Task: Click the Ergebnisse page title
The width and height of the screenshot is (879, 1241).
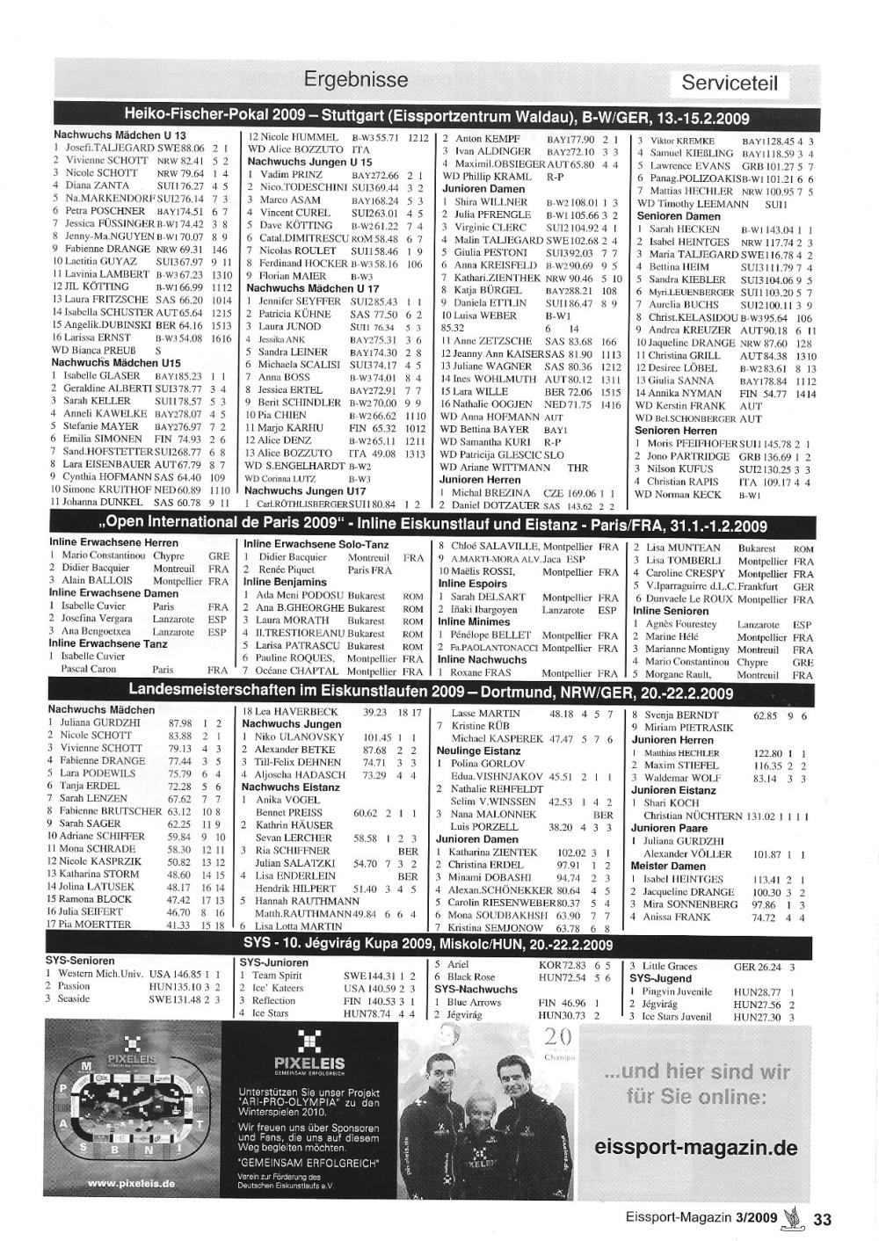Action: pos(356,80)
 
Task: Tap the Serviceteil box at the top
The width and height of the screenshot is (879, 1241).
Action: pos(730,84)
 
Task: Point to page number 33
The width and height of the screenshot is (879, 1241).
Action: pos(822,1218)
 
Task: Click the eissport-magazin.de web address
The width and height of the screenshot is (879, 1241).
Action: pos(695,1148)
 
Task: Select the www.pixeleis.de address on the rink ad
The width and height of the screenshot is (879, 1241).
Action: pos(131,1183)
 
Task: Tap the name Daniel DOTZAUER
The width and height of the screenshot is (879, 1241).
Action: pos(495,506)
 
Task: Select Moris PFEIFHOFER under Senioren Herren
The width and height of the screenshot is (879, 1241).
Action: pos(693,444)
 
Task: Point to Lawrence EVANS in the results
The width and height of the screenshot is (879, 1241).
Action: pos(690,165)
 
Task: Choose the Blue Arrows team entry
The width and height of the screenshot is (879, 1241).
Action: pos(474,1002)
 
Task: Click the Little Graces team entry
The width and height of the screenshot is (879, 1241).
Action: pos(670,966)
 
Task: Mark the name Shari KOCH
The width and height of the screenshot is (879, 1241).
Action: pos(672,802)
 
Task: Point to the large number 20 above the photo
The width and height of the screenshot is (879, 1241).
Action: pos(558,1036)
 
